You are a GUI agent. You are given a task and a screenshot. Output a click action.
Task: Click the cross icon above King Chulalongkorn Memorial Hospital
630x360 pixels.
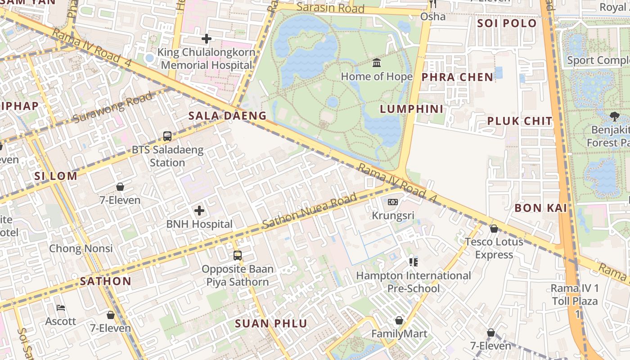(207, 39)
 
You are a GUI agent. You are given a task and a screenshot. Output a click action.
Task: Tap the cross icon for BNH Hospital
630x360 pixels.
(199, 211)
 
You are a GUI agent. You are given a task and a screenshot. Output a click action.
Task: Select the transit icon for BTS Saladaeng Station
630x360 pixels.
(167, 136)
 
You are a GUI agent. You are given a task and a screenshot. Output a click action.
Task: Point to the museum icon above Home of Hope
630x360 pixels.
(377, 63)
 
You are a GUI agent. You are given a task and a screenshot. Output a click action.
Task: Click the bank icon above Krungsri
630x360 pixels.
(393, 202)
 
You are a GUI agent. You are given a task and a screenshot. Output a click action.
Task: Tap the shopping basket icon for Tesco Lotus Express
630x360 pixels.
(494, 229)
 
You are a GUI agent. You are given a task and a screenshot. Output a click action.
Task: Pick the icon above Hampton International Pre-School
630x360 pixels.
(413, 262)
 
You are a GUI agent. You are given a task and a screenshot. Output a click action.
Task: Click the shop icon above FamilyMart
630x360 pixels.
(399, 320)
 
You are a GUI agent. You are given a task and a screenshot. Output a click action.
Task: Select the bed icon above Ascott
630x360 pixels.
(61, 308)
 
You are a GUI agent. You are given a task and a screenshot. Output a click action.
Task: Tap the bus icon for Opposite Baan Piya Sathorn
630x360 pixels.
(237, 256)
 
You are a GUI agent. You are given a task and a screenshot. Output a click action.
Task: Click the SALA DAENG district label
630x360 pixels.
(227, 116)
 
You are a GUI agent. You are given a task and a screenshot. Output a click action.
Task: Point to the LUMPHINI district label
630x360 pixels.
(411, 109)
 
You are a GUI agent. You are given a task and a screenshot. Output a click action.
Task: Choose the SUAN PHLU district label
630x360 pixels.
(271, 323)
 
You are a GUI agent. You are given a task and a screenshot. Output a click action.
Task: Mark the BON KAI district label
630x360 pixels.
(540, 208)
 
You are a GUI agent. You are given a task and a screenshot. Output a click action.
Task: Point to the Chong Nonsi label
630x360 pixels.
(81, 248)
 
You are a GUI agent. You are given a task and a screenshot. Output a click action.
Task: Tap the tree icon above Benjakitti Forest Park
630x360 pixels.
(614, 117)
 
